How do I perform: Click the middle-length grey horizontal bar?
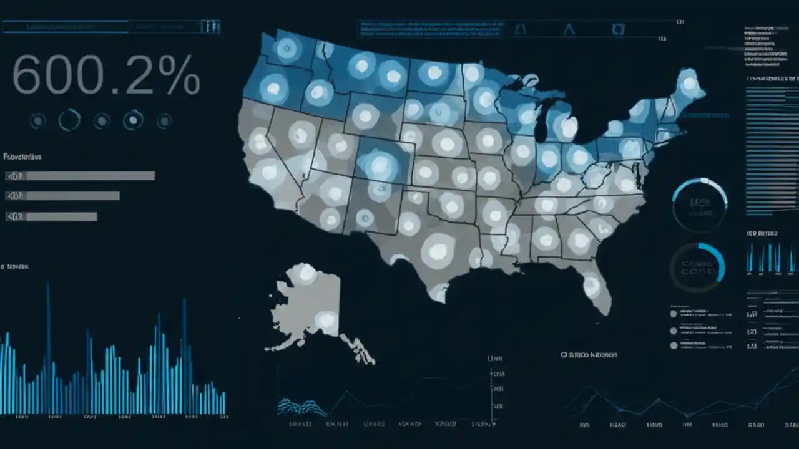click(72, 196)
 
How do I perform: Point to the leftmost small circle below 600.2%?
click(37, 120)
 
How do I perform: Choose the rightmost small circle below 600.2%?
click(164, 120)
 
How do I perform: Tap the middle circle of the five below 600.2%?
click(101, 120)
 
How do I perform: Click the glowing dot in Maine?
click(688, 84)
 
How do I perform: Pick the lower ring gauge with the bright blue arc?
click(697, 268)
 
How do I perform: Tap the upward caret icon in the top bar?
click(568, 29)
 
